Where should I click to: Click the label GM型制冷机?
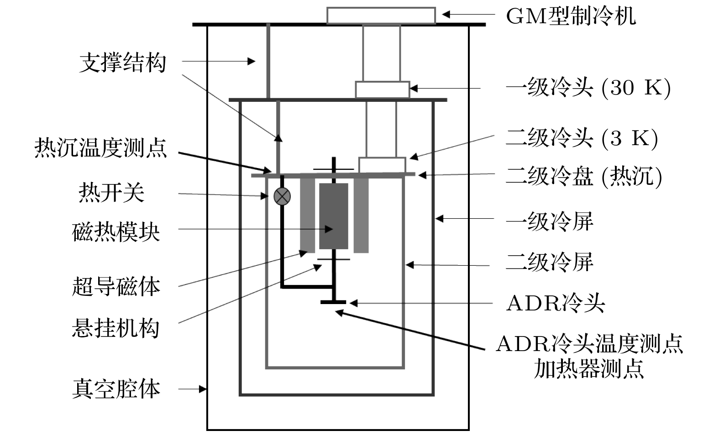coord(571,16)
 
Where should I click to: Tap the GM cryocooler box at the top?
coord(381,15)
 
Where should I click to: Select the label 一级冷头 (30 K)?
coord(588,88)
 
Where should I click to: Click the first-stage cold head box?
coord(382,89)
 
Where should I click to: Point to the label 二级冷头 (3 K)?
coord(582,138)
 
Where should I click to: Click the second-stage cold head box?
coord(382,165)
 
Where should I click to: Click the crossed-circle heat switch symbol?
coord(282,196)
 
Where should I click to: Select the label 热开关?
coord(111,193)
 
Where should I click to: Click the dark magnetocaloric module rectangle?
coord(333,216)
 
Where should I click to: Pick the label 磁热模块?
coord(116,232)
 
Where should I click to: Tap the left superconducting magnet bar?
coord(307,215)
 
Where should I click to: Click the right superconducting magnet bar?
coord(361,215)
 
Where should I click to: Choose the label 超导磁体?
coord(116,287)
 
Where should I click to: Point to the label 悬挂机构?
coord(116,328)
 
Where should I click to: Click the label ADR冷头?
coord(555,304)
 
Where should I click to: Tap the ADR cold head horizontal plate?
coord(333,302)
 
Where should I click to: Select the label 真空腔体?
coord(116,389)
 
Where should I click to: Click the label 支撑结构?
coord(122,63)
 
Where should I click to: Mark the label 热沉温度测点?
coord(101,148)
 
